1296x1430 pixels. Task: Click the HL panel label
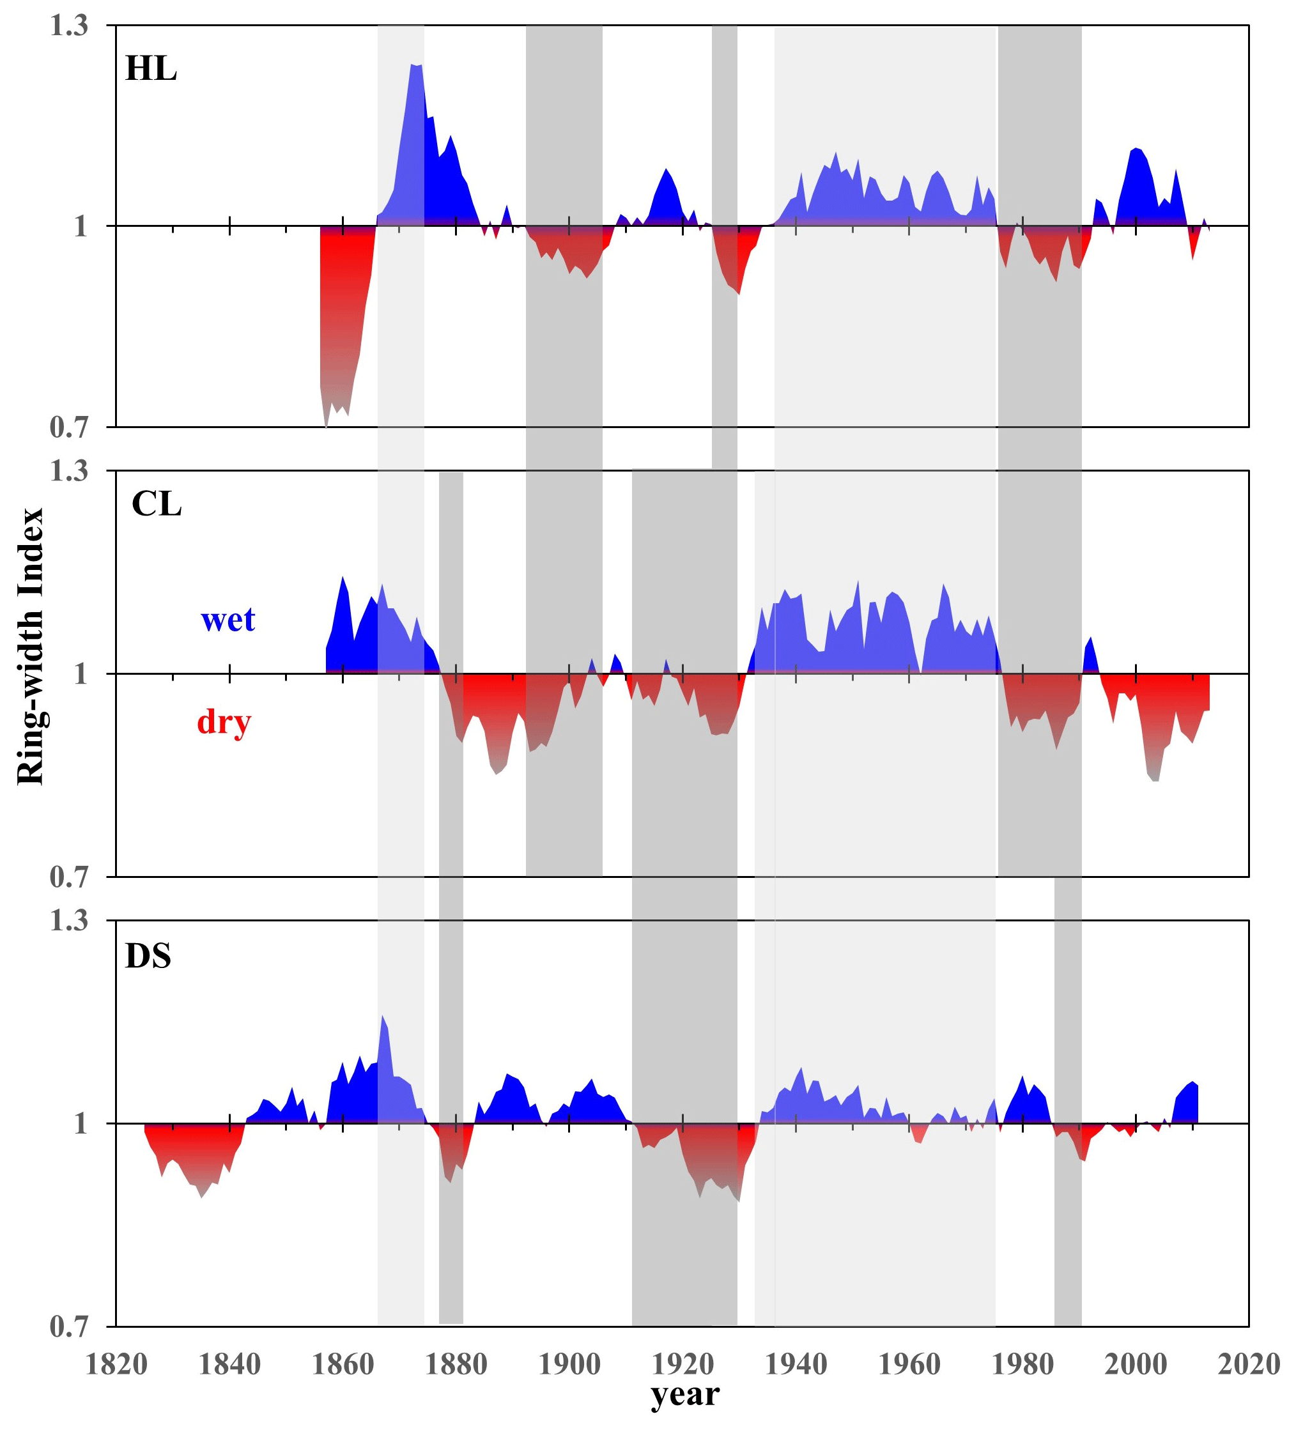tap(150, 69)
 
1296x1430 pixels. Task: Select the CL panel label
tap(157, 504)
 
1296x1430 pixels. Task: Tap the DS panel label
tap(148, 956)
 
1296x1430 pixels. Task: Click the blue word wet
tap(228, 619)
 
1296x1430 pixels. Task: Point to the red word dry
tap(224, 722)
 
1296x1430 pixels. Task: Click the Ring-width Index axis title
tap(31, 646)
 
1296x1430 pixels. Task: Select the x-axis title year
tap(684, 1394)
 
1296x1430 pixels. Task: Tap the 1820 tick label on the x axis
tap(116, 1364)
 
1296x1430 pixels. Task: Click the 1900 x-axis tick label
tap(569, 1364)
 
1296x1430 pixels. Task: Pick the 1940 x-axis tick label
tap(796, 1364)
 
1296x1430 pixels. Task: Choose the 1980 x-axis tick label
tap(1022, 1364)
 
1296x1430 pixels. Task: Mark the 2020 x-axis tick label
tap(1249, 1364)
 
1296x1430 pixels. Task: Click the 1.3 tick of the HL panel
tap(69, 26)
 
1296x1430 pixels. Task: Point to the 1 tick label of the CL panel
tap(80, 674)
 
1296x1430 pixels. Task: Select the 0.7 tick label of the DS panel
tap(69, 1326)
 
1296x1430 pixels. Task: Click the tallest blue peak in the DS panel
tap(382, 1017)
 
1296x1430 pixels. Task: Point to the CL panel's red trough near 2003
tap(1154, 780)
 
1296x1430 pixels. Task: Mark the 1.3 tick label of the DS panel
tap(69, 921)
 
